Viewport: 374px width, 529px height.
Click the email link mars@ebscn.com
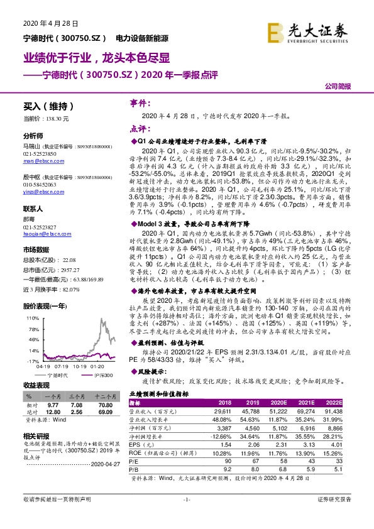tap(39, 160)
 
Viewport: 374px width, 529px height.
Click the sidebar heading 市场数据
tap(37, 249)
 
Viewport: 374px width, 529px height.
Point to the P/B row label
tap(133, 468)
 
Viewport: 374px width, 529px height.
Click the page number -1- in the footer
tap(186, 516)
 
